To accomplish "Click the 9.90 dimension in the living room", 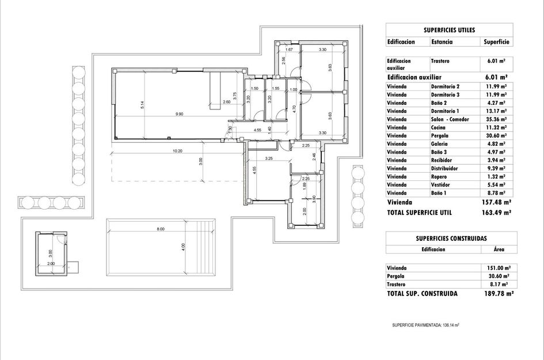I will pos(180,114).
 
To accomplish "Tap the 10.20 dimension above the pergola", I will pos(178,151).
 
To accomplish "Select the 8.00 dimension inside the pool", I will pos(161,229).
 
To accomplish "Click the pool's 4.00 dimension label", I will pos(183,247).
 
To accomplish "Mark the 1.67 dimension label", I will pos(289,50).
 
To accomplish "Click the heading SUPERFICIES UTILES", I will pos(449,30).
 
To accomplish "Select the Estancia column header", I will pos(442,41).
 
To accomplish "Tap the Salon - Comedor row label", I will pos(450,119).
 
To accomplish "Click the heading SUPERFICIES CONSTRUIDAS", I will pos(451,237).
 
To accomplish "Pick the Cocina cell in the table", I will pos(439,127).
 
